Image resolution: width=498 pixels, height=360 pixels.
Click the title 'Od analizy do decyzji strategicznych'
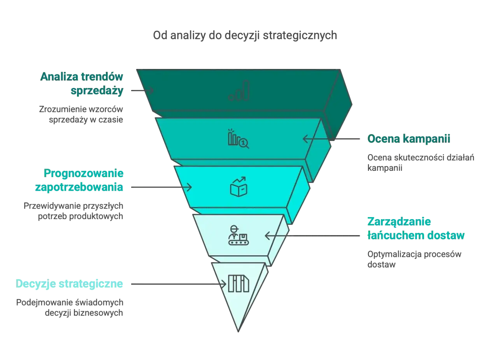[245, 35]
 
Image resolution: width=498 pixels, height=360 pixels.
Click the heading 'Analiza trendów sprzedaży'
[82, 84]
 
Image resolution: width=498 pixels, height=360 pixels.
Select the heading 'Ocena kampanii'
[409, 139]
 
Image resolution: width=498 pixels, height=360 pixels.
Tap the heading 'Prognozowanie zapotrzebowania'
[79, 180]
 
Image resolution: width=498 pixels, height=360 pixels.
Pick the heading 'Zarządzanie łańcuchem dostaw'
[416, 228]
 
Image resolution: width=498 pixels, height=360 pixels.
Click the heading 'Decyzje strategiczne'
[69, 284]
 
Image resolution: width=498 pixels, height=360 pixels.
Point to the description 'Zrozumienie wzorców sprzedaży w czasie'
[81, 114]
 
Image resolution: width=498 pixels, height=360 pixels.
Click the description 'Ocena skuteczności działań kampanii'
[421, 163]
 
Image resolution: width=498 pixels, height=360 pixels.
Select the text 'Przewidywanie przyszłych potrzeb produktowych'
[74, 211]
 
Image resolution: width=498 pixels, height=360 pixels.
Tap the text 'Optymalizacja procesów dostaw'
[414, 259]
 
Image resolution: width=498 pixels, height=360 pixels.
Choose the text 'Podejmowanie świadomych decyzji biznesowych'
[70, 307]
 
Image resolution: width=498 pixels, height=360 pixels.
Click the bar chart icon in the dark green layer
[239, 91]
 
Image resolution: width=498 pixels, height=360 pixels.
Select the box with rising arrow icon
[238, 187]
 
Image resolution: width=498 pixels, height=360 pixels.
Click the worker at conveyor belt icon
[238, 235]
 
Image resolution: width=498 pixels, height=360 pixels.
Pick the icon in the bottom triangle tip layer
[238, 283]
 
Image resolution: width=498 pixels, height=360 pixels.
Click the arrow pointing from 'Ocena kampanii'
[331, 139]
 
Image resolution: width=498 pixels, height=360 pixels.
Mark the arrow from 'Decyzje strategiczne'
[179, 284]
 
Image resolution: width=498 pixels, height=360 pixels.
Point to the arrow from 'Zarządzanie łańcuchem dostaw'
[312, 236]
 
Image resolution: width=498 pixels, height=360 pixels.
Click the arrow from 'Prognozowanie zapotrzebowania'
[161, 187]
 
